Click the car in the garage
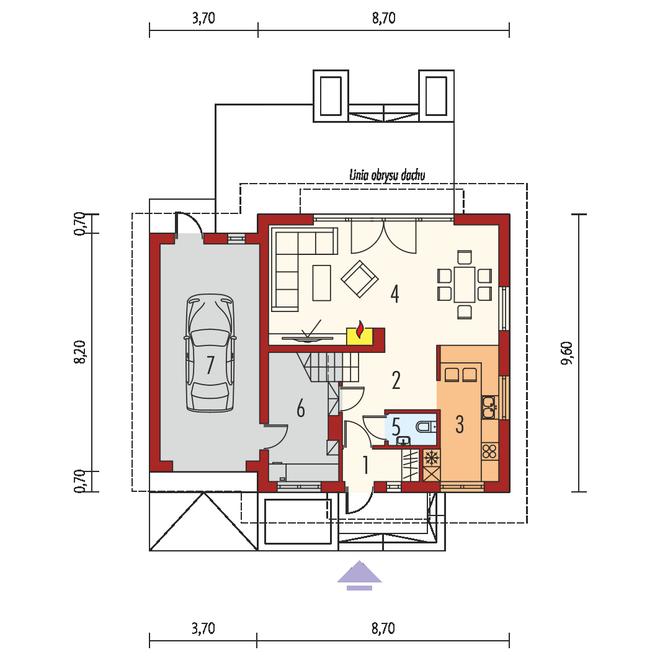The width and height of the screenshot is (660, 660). point(209,353)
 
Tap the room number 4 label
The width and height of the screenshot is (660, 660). point(394,293)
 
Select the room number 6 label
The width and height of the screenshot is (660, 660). point(301,408)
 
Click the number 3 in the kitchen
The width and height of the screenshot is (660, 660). point(460,425)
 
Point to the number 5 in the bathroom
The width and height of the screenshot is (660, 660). point(396,427)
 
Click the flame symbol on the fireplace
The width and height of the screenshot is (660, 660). point(359,329)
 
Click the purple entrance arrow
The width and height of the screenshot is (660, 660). point(359,575)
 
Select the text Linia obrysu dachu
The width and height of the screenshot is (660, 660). point(387,175)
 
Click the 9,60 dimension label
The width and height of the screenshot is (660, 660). point(568,353)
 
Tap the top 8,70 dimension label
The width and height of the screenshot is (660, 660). point(383,19)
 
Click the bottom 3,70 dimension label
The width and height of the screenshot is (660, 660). point(203,629)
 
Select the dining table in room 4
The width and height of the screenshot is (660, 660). point(464,284)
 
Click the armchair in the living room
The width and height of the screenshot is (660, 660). point(359,279)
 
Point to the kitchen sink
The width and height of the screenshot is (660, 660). point(489,407)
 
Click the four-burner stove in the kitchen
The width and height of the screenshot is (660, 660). point(490,451)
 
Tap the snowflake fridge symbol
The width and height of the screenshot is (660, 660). point(430,458)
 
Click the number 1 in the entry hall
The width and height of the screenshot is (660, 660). point(366,466)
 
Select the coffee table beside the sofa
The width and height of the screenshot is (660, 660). point(322,282)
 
